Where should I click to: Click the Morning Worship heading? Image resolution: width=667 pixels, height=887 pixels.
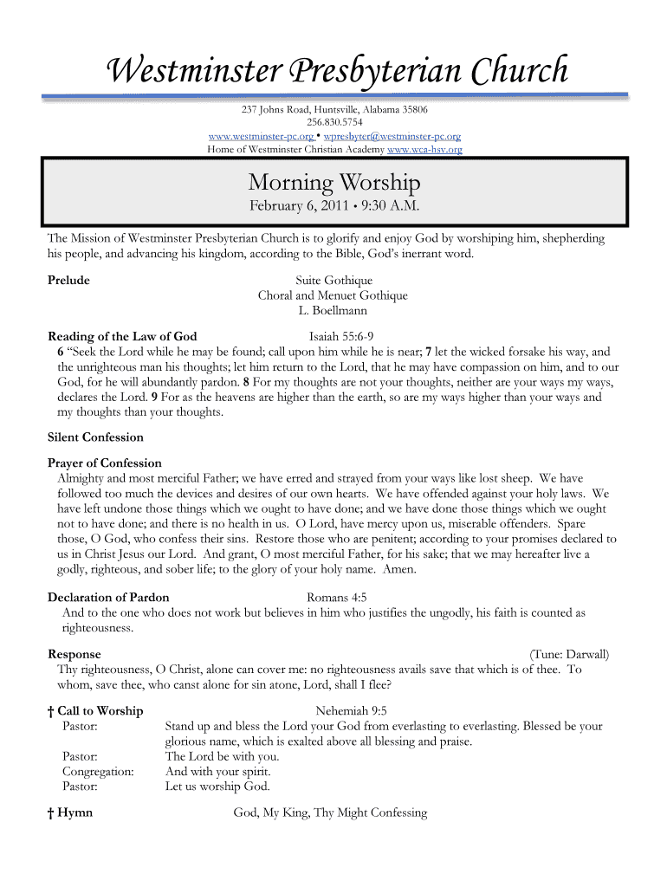pos(333,183)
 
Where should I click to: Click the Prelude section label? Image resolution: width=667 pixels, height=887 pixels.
pos(68,280)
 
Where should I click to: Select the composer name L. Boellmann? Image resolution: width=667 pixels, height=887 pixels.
pos(333,310)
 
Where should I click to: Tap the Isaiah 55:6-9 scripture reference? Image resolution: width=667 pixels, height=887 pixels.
pos(341,336)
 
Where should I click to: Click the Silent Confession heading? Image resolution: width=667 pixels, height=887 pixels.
pos(95,437)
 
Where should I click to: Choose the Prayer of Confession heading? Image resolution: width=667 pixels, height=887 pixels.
pos(104,463)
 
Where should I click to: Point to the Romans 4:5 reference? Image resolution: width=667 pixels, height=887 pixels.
pos(337,597)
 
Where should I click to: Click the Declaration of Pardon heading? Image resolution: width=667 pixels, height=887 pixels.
pos(108,597)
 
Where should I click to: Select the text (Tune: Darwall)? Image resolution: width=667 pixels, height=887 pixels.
pos(569,654)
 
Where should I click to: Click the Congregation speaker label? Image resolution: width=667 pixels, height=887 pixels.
pos(98,771)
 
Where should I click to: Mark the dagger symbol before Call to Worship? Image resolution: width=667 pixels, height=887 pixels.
pos(51,711)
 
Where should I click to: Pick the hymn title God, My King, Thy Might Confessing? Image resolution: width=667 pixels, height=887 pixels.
pos(330,813)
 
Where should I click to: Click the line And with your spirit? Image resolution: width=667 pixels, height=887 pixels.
pos(217,771)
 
